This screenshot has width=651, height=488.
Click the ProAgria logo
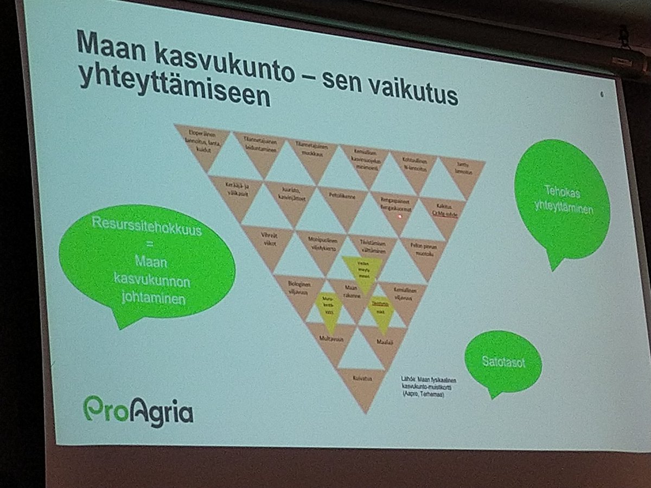pos(138,411)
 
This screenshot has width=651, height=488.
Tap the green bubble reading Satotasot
pos(503,362)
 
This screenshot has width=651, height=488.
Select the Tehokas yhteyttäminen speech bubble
pos(561,198)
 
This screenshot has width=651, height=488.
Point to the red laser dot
pos(399,216)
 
